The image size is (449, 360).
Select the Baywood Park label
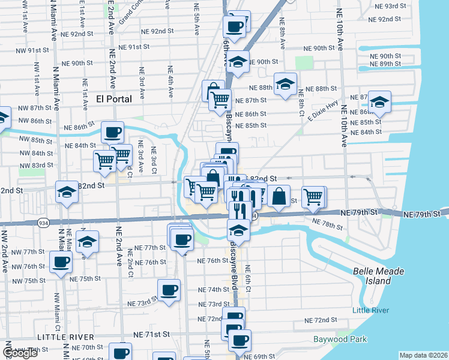click(340, 339)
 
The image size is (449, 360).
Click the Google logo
click(20, 353)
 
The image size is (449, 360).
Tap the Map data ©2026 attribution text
click(424, 355)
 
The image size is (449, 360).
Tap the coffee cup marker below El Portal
click(112, 132)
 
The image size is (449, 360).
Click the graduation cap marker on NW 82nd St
click(67, 191)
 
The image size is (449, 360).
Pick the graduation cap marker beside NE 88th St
click(285, 83)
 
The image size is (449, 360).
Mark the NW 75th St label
click(30, 281)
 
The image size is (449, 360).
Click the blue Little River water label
click(370, 310)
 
